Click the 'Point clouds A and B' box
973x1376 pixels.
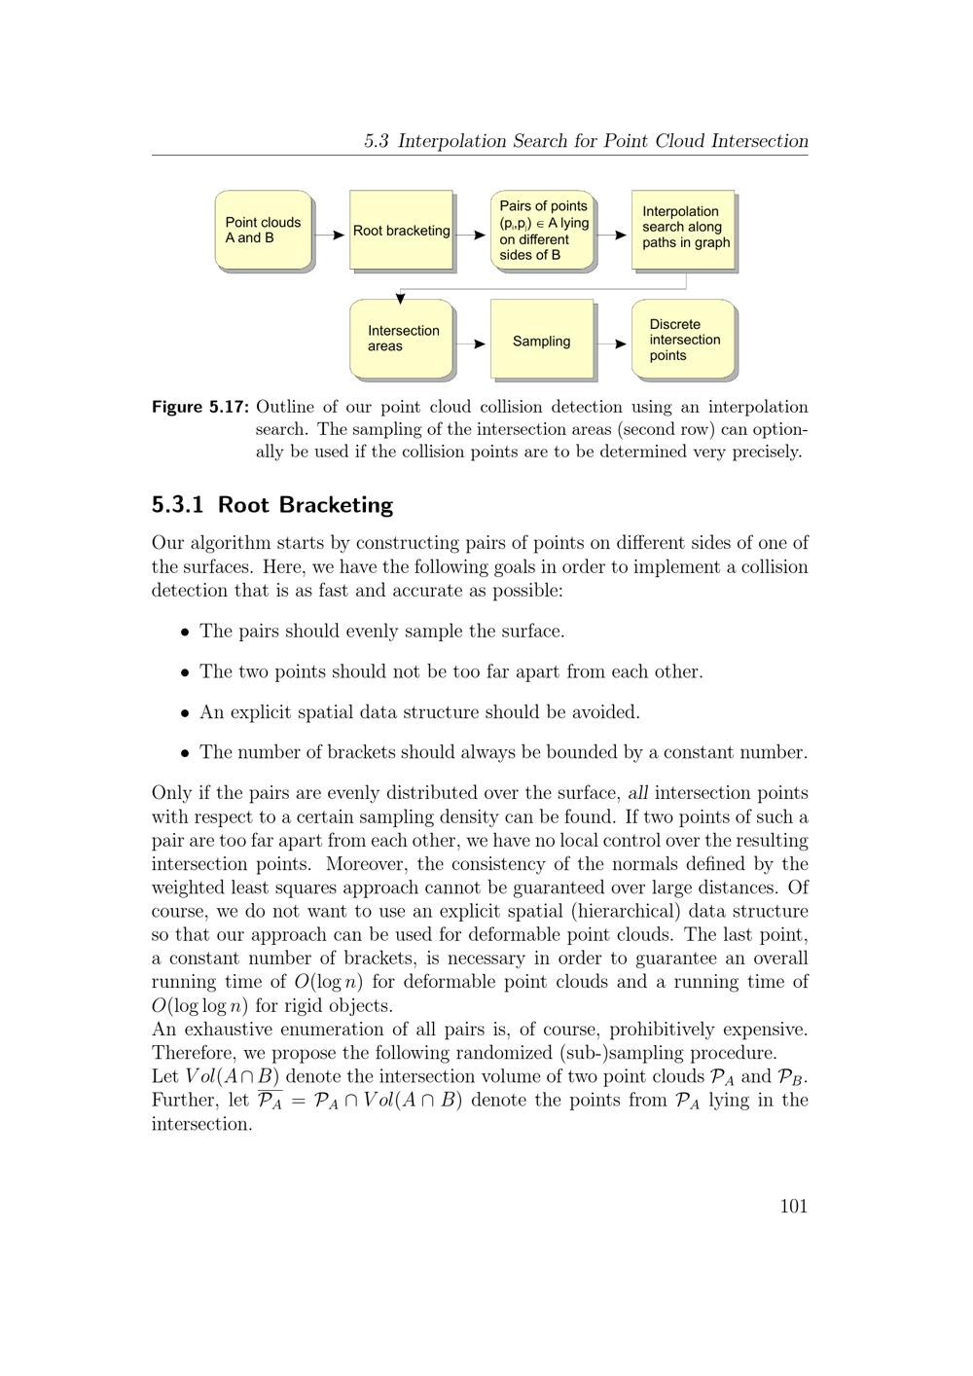(x=263, y=231)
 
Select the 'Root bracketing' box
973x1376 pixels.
(x=401, y=231)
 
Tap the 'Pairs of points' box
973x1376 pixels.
(x=543, y=231)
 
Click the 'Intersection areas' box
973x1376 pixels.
(x=401, y=339)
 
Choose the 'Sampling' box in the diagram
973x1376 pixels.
(x=542, y=341)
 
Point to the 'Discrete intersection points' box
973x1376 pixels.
(x=684, y=340)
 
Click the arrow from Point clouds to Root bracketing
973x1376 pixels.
(x=331, y=235)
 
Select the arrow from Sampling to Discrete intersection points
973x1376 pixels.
(x=613, y=344)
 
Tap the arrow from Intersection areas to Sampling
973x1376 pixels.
(x=472, y=344)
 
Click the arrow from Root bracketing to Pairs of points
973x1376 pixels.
(x=472, y=235)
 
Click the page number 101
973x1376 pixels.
(x=794, y=1207)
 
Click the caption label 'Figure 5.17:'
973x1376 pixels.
(x=200, y=407)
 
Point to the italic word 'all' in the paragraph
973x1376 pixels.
(x=638, y=793)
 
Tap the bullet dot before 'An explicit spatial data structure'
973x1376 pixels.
(x=185, y=713)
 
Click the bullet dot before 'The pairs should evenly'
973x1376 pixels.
(x=185, y=633)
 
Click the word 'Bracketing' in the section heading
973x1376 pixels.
(x=336, y=505)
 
